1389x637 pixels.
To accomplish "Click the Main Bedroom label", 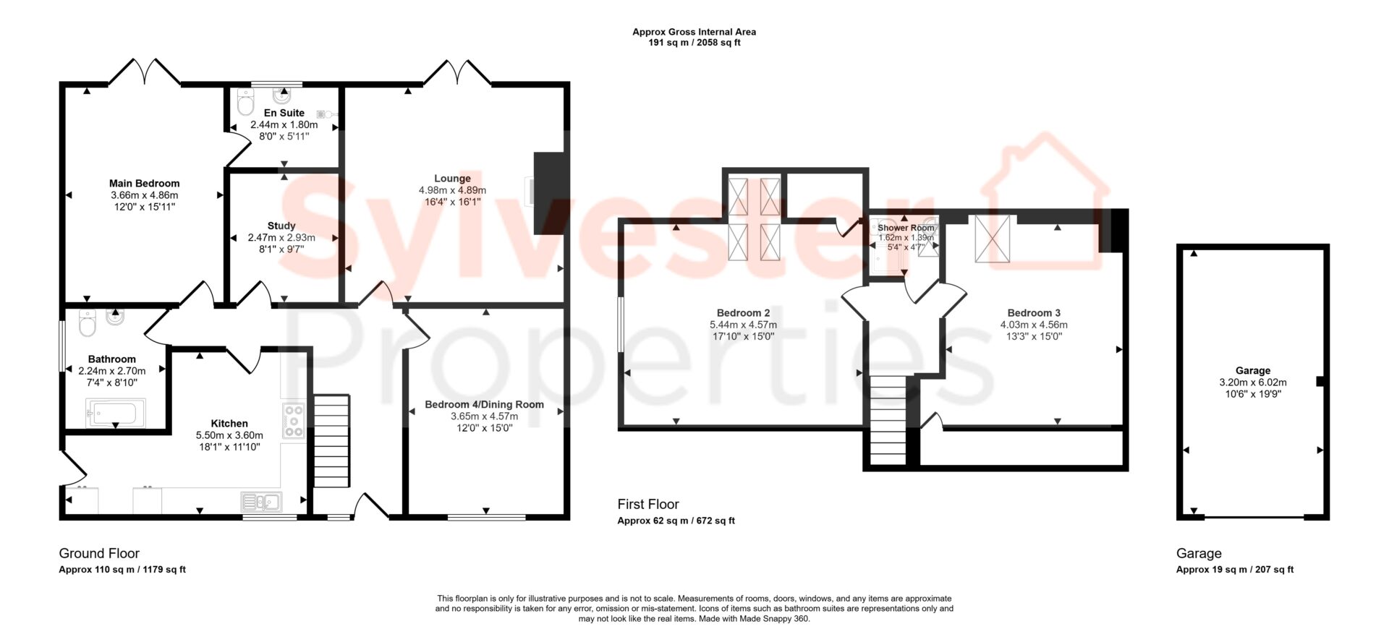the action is tap(144, 184).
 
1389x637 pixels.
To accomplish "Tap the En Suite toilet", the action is tap(245, 103).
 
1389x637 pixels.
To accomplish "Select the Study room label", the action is tap(281, 226).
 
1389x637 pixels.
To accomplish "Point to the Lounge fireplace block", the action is tap(551, 193).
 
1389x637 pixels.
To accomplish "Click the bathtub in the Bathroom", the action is tap(115, 414).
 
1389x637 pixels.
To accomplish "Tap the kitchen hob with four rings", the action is tap(294, 420).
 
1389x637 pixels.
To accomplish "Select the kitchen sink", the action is tap(261, 501).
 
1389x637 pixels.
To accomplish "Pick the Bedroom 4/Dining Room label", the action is tap(484, 404).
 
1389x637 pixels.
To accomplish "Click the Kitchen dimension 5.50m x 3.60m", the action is tap(229, 435).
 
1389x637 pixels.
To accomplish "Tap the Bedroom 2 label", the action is tap(743, 313).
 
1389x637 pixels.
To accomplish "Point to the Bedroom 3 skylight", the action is tap(992, 238).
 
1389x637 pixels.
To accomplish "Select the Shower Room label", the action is tap(906, 228).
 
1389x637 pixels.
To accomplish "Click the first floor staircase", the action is tap(888, 420).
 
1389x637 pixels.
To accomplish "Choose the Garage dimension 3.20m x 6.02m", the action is tap(1253, 382).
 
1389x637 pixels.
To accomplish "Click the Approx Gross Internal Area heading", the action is tap(694, 32).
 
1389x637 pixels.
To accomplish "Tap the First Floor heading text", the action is tap(648, 504).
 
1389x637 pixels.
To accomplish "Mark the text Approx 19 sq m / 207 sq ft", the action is tap(1235, 569).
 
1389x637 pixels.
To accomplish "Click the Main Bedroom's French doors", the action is tap(145, 73).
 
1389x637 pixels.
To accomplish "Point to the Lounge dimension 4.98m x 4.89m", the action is tap(452, 190).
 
